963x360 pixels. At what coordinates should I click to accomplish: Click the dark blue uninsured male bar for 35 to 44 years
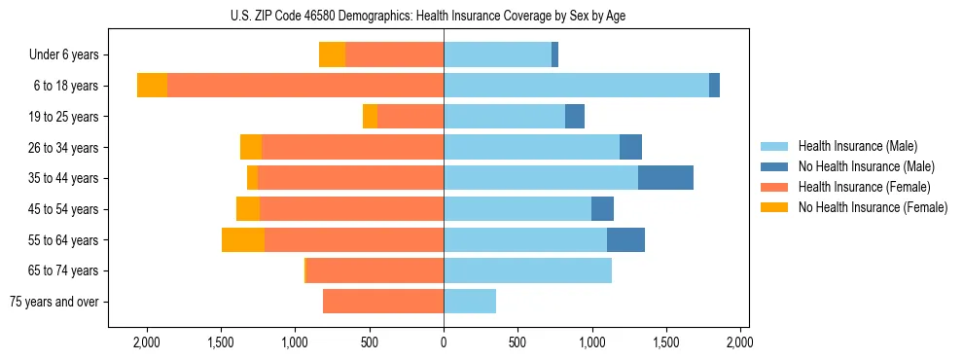pos(665,178)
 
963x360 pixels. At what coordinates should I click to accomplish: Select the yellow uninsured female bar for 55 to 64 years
pos(243,239)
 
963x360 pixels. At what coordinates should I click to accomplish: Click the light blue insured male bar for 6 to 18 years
pos(576,86)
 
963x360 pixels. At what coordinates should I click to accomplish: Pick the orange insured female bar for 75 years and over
pos(383,302)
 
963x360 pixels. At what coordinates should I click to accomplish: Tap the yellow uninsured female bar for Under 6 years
pos(333,55)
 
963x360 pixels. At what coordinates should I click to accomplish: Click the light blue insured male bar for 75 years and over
pos(470,302)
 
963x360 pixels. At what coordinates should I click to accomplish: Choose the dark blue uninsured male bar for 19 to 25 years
pos(575,117)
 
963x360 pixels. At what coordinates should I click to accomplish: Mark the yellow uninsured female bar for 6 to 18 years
pos(152,86)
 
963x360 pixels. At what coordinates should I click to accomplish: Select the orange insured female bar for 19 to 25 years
pos(410,117)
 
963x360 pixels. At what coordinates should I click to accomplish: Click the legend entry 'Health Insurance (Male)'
pos(857,146)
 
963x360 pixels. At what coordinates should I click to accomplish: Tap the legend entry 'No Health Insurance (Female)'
pos(872,207)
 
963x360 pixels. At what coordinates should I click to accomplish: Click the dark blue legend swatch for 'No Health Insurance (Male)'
pos(774,166)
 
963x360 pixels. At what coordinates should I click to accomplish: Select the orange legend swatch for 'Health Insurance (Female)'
pos(774,187)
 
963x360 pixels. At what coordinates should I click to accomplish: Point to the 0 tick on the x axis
pos(444,342)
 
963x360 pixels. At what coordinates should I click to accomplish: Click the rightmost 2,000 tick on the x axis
pos(739,342)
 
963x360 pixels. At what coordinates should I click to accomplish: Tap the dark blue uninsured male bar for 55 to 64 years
pos(625,239)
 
